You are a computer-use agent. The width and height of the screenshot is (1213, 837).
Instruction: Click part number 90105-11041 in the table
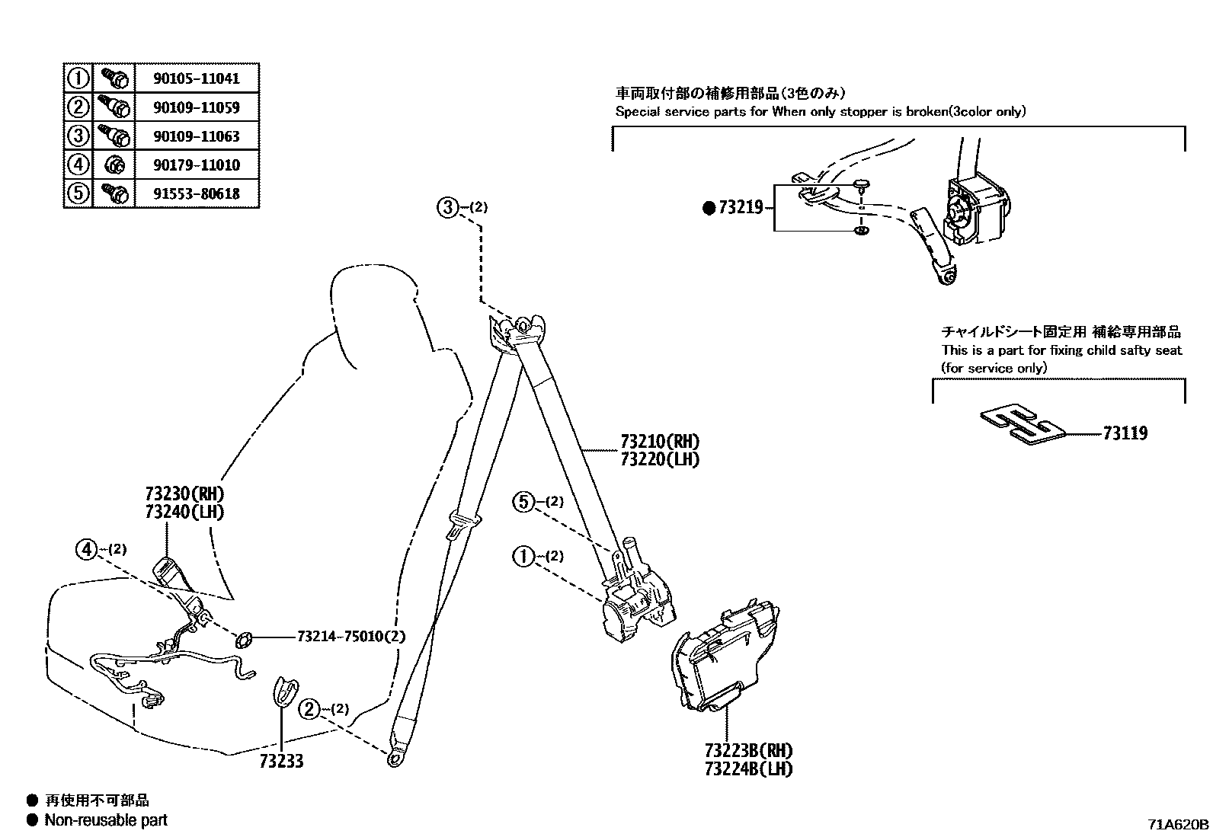(x=197, y=78)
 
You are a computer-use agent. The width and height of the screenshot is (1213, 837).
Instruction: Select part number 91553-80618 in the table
(x=197, y=193)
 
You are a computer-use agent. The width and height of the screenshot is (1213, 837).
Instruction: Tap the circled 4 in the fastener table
(x=78, y=165)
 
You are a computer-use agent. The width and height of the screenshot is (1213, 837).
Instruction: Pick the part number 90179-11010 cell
(x=197, y=165)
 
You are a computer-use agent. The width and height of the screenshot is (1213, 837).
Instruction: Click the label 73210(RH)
(x=659, y=441)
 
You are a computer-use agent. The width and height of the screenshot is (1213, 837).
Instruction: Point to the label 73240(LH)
(x=184, y=512)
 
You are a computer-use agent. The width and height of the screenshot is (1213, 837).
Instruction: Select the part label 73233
(x=281, y=761)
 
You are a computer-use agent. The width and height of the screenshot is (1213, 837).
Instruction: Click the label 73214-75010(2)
(x=351, y=636)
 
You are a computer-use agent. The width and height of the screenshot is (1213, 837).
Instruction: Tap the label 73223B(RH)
(x=748, y=750)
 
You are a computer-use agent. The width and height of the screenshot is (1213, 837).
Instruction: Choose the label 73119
(x=1125, y=433)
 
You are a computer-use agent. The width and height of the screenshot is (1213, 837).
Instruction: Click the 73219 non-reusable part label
(x=739, y=207)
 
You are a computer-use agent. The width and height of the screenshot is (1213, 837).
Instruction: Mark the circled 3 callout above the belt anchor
(x=448, y=206)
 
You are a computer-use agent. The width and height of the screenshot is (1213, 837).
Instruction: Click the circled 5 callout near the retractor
(x=524, y=502)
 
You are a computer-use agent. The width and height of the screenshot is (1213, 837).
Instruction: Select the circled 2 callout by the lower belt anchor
(x=309, y=709)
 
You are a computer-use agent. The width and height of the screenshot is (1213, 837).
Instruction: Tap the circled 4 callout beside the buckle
(x=88, y=548)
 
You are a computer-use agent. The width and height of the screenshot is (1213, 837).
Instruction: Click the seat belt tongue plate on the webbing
(x=462, y=524)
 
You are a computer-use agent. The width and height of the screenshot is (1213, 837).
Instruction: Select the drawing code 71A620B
(x=1179, y=824)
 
